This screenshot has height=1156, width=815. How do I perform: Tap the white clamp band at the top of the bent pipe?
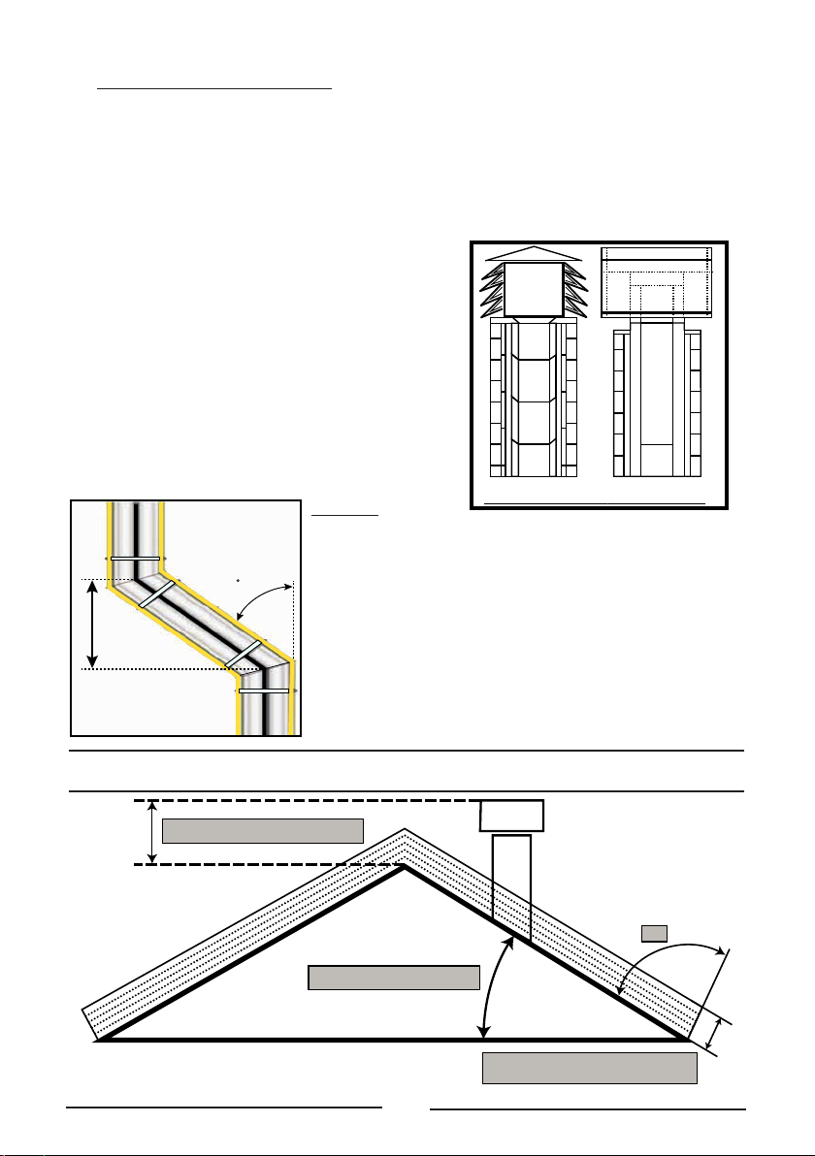[135, 560]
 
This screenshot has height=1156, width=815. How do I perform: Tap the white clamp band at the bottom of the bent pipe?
[263, 690]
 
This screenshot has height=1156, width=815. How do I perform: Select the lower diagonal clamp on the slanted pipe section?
[244, 654]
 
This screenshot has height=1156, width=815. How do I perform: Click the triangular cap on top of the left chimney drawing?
[535, 253]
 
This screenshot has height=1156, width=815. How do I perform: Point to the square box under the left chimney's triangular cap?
[534, 289]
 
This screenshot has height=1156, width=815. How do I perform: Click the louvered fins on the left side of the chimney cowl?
[494, 292]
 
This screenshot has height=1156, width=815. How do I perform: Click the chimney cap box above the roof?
[512, 816]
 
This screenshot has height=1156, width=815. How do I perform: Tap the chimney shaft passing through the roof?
[512, 883]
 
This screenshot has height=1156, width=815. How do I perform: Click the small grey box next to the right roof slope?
[655, 933]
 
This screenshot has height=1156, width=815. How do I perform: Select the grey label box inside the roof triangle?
[394, 978]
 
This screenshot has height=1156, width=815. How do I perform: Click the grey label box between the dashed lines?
[262, 831]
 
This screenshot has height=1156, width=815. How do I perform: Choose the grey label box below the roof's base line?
[590, 1068]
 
